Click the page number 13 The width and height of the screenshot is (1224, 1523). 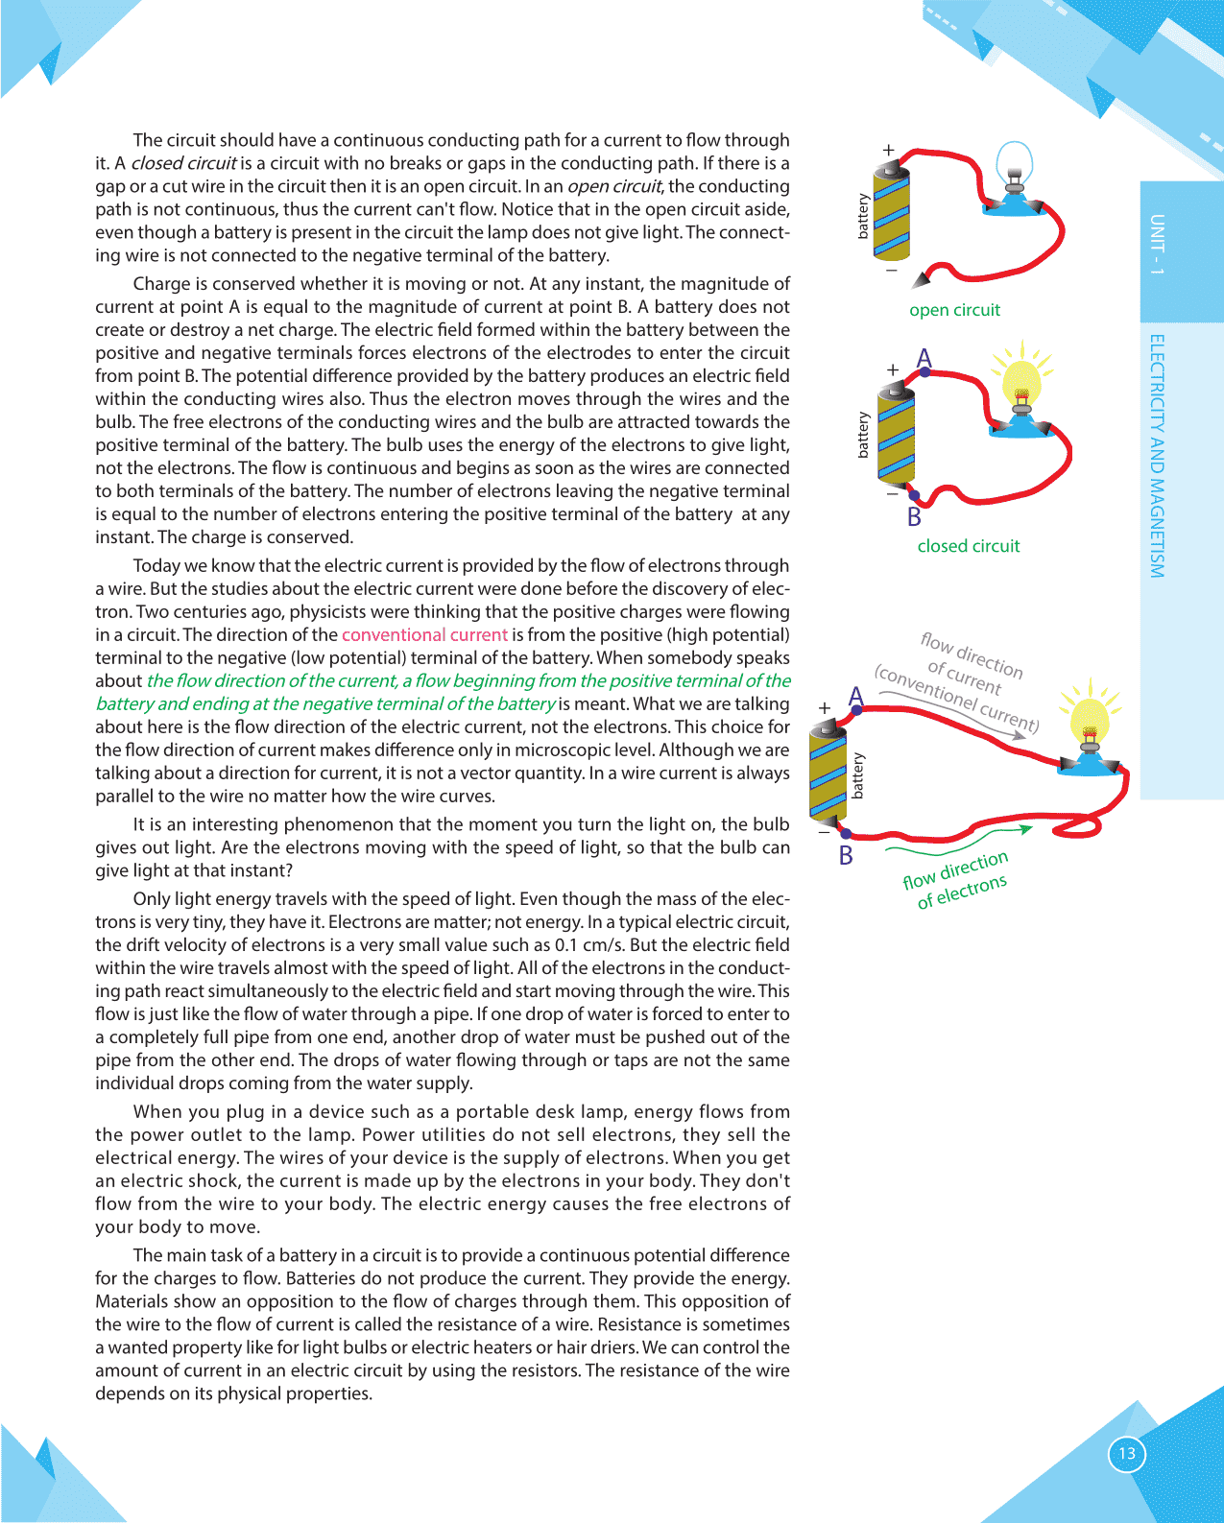tap(1127, 1453)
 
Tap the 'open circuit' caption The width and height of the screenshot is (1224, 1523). tap(954, 310)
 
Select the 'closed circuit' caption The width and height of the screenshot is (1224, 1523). tap(968, 546)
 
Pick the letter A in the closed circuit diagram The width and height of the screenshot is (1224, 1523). tap(924, 359)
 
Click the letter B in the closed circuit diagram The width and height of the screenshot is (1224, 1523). tap(914, 518)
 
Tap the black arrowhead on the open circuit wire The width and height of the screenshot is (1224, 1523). tap(921, 279)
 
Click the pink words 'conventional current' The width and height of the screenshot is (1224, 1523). tap(424, 634)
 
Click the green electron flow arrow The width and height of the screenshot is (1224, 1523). tap(960, 837)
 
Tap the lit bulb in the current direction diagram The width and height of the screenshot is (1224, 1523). tap(1089, 719)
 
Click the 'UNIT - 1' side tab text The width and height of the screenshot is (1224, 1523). tap(1157, 244)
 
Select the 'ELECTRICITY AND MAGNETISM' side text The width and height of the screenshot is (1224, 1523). tap(1157, 456)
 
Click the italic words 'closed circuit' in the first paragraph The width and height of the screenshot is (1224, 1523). tap(183, 163)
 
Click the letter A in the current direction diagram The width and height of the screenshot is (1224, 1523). tap(856, 697)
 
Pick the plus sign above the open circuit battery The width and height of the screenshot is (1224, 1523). tap(889, 151)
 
